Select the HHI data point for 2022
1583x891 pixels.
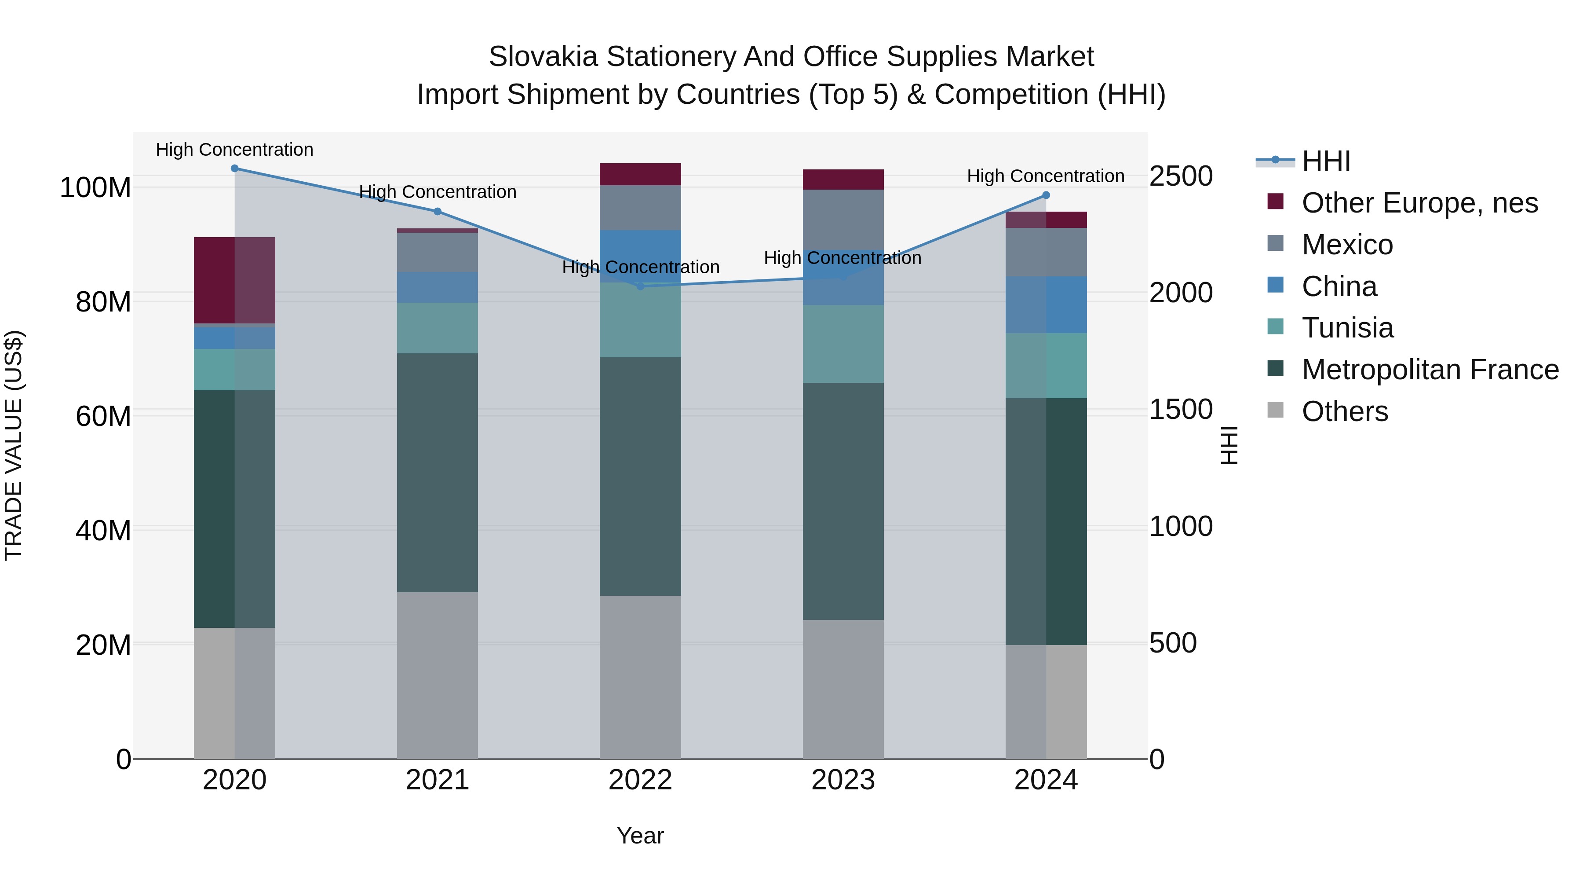point(640,286)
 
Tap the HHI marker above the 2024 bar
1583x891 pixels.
point(1046,195)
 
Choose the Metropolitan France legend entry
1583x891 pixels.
point(1430,370)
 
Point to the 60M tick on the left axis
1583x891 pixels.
point(103,416)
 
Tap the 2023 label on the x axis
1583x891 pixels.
point(843,780)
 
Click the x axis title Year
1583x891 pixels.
point(640,836)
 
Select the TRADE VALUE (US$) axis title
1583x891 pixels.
point(14,445)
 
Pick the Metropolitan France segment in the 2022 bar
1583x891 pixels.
point(640,476)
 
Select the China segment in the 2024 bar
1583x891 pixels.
point(1046,305)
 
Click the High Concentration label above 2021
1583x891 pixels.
point(438,192)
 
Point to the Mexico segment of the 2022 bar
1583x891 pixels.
point(640,208)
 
